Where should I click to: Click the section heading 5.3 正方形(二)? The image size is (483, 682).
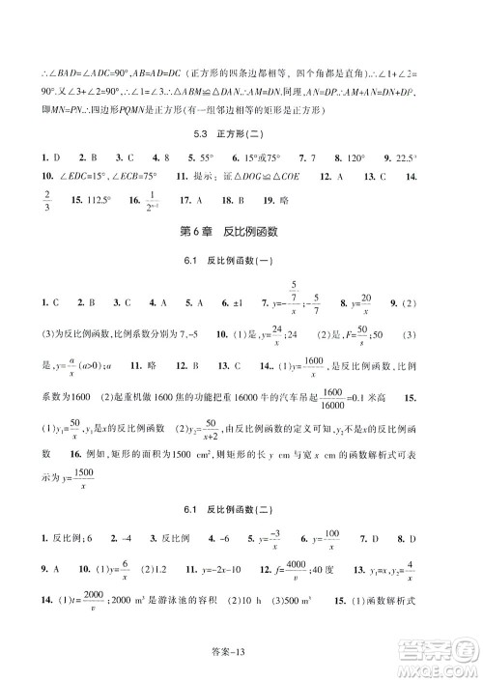click(x=241, y=133)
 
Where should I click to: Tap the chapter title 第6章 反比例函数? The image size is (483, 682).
click(x=241, y=232)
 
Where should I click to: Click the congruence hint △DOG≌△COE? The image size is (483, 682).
click(x=253, y=178)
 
